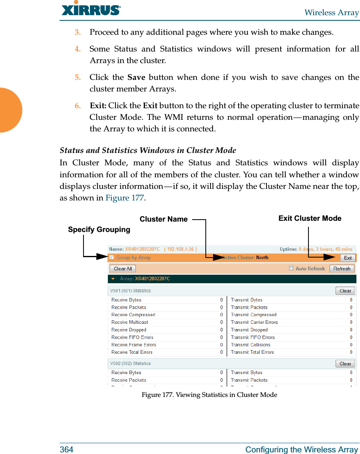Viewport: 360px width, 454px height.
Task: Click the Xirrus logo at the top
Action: pyautogui.click(x=91, y=10)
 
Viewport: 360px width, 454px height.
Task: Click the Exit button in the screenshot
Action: pyautogui.click(x=348, y=258)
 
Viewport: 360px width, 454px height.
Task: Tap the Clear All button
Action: pyautogui.click(x=123, y=269)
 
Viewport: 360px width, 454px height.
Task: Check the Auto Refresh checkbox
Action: pyautogui.click(x=291, y=268)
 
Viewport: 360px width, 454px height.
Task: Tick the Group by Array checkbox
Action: pyautogui.click(x=112, y=258)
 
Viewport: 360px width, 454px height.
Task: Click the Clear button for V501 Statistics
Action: pyautogui.click(x=345, y=291)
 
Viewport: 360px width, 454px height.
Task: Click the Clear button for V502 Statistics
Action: pyautogui.click(x=345, y=364)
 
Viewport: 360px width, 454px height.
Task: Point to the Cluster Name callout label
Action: pyautogui.click(x=163, y=219)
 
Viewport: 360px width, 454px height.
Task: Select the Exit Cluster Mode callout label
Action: pyautogui.click(x=310, y=218)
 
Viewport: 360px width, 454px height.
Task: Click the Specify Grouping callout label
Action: pyautogui.click(x=99, y=230)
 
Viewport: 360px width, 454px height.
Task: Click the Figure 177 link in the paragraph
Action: pyautogui.click(x=125, y=198)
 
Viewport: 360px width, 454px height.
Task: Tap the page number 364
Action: pyautogui.click(x=66, y=450)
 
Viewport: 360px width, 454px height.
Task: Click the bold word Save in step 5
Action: pyautogui.click(x=136, y=77)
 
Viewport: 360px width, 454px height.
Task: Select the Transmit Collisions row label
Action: pyautogui.click(x=251, y=345)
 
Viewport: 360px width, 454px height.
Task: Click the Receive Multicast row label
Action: pyautogui.click(x=130, y=322)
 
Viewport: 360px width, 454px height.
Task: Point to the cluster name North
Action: pyautogui.click(x=262, y=258)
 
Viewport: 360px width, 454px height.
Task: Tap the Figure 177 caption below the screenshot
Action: pyautogui.click(x=209, y=395)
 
